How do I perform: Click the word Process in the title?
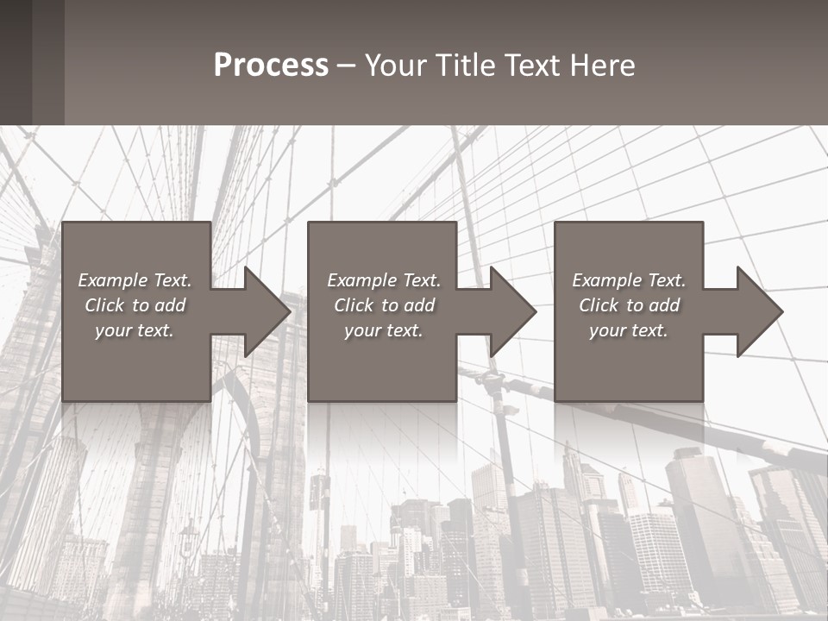tap(271, 66)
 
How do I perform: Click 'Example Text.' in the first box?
tap(135, 280)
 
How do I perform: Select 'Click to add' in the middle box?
tap(384, 305)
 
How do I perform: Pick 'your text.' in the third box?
tap(629, 330)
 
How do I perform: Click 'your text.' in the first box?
tap(135, 330)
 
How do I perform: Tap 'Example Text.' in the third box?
tap(629, 280)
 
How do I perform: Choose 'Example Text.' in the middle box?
tap(384, 280)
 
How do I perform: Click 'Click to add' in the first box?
tap(135, 305)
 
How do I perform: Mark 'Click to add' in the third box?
tap(629, 305)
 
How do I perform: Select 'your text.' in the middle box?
tap(384, 330)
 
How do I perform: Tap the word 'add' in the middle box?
tap(418, 305)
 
